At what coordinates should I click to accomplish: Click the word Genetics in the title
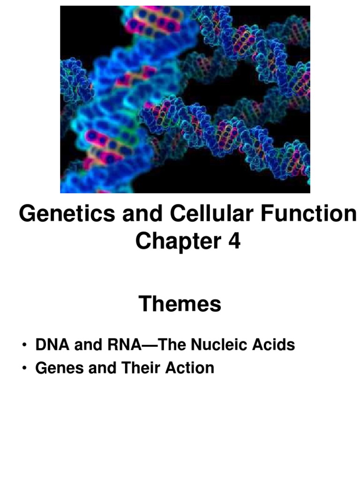(x=67, y=213)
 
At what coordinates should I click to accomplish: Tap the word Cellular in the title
(x=211, y=213)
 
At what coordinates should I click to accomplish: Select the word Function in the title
(x=308, y=213)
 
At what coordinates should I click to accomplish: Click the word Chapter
(x=178, y=241)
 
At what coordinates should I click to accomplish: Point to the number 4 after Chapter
(x=234, y=241)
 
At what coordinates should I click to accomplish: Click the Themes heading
(x=180, y=304)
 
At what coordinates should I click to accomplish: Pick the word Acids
(x=274, y=345)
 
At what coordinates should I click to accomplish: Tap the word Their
(x=141, y=367)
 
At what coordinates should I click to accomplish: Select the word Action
(x=190, y=367)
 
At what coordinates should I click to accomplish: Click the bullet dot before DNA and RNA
(x=24, y=345)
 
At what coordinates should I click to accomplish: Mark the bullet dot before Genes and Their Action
(x=24, y=368)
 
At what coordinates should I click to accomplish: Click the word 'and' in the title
(x=142, y=213)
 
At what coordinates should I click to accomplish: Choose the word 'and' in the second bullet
(x=102, y=367)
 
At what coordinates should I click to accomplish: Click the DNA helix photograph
(x=185, y=99)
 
